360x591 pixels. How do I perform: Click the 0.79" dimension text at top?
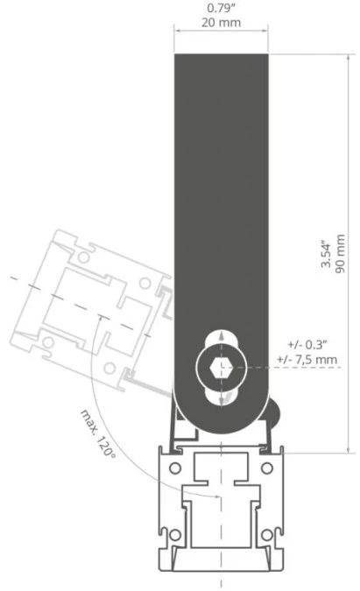point(221,8)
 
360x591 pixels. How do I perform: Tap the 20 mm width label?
point(221,22)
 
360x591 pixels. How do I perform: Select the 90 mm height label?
point(340,253)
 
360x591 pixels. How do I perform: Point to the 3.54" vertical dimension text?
point(325,255)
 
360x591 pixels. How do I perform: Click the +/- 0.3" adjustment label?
point(307,344)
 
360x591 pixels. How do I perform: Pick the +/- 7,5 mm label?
point(307,359)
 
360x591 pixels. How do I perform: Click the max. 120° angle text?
point(98,433)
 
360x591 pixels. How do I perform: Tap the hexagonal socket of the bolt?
point(221,366)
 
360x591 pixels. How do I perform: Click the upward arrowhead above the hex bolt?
point(221,336)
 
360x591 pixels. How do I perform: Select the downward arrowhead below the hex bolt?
point(221,400)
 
